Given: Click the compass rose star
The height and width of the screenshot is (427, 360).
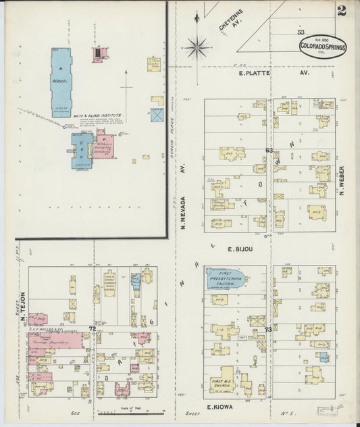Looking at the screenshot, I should (198, 47).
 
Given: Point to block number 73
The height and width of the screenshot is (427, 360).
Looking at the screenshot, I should (268, 329).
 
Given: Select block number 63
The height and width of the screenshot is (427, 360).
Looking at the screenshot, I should (268, 150).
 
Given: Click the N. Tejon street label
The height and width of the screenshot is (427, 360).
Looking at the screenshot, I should (22, 306).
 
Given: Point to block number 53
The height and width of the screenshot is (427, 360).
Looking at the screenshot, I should (301, 32).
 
